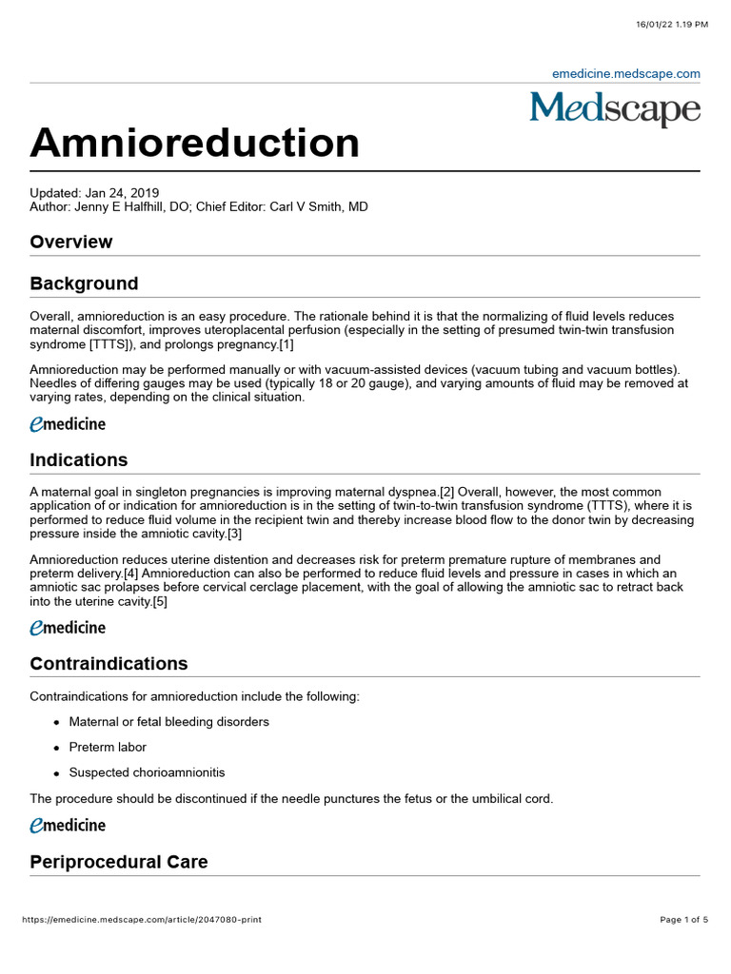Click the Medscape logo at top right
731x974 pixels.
pyautogui.click(x=615, y=108)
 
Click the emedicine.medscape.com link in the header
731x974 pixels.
pyautogui.click(x=626, y=73)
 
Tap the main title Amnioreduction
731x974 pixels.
pyautogui.click(x=195, y=143)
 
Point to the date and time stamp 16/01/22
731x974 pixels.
pyautogui.click(x=672, y=24)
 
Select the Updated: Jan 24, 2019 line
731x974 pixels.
pyautogui.click(x=94, y=192)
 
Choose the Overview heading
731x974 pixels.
pyautogui.click(x=71, y=242)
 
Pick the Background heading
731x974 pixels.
pyautogui.click(x=84, y=283)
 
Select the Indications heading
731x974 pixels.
pyautogui.click(x=79, y=460)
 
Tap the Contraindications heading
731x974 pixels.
pyautogui.click(x=109, y=664)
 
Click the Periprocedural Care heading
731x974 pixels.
pyautogui.click(x=119, y=862)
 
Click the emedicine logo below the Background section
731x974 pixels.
pyautogui.click(x=68, y=424)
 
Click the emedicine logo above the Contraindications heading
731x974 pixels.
pyautogui.click(x=68, y=628)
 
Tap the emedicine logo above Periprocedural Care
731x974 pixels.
pyautogui.click(x=68, y=826)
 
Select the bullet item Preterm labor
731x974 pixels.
pyautogui.click(x=108, y=748)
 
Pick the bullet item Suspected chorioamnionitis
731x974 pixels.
pyautogui.click(x=147, y=772)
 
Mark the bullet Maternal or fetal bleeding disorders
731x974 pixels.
pyautogui.click(x=168, y=722)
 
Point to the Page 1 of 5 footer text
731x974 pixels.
pyautogui.click(x=683, y=920)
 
